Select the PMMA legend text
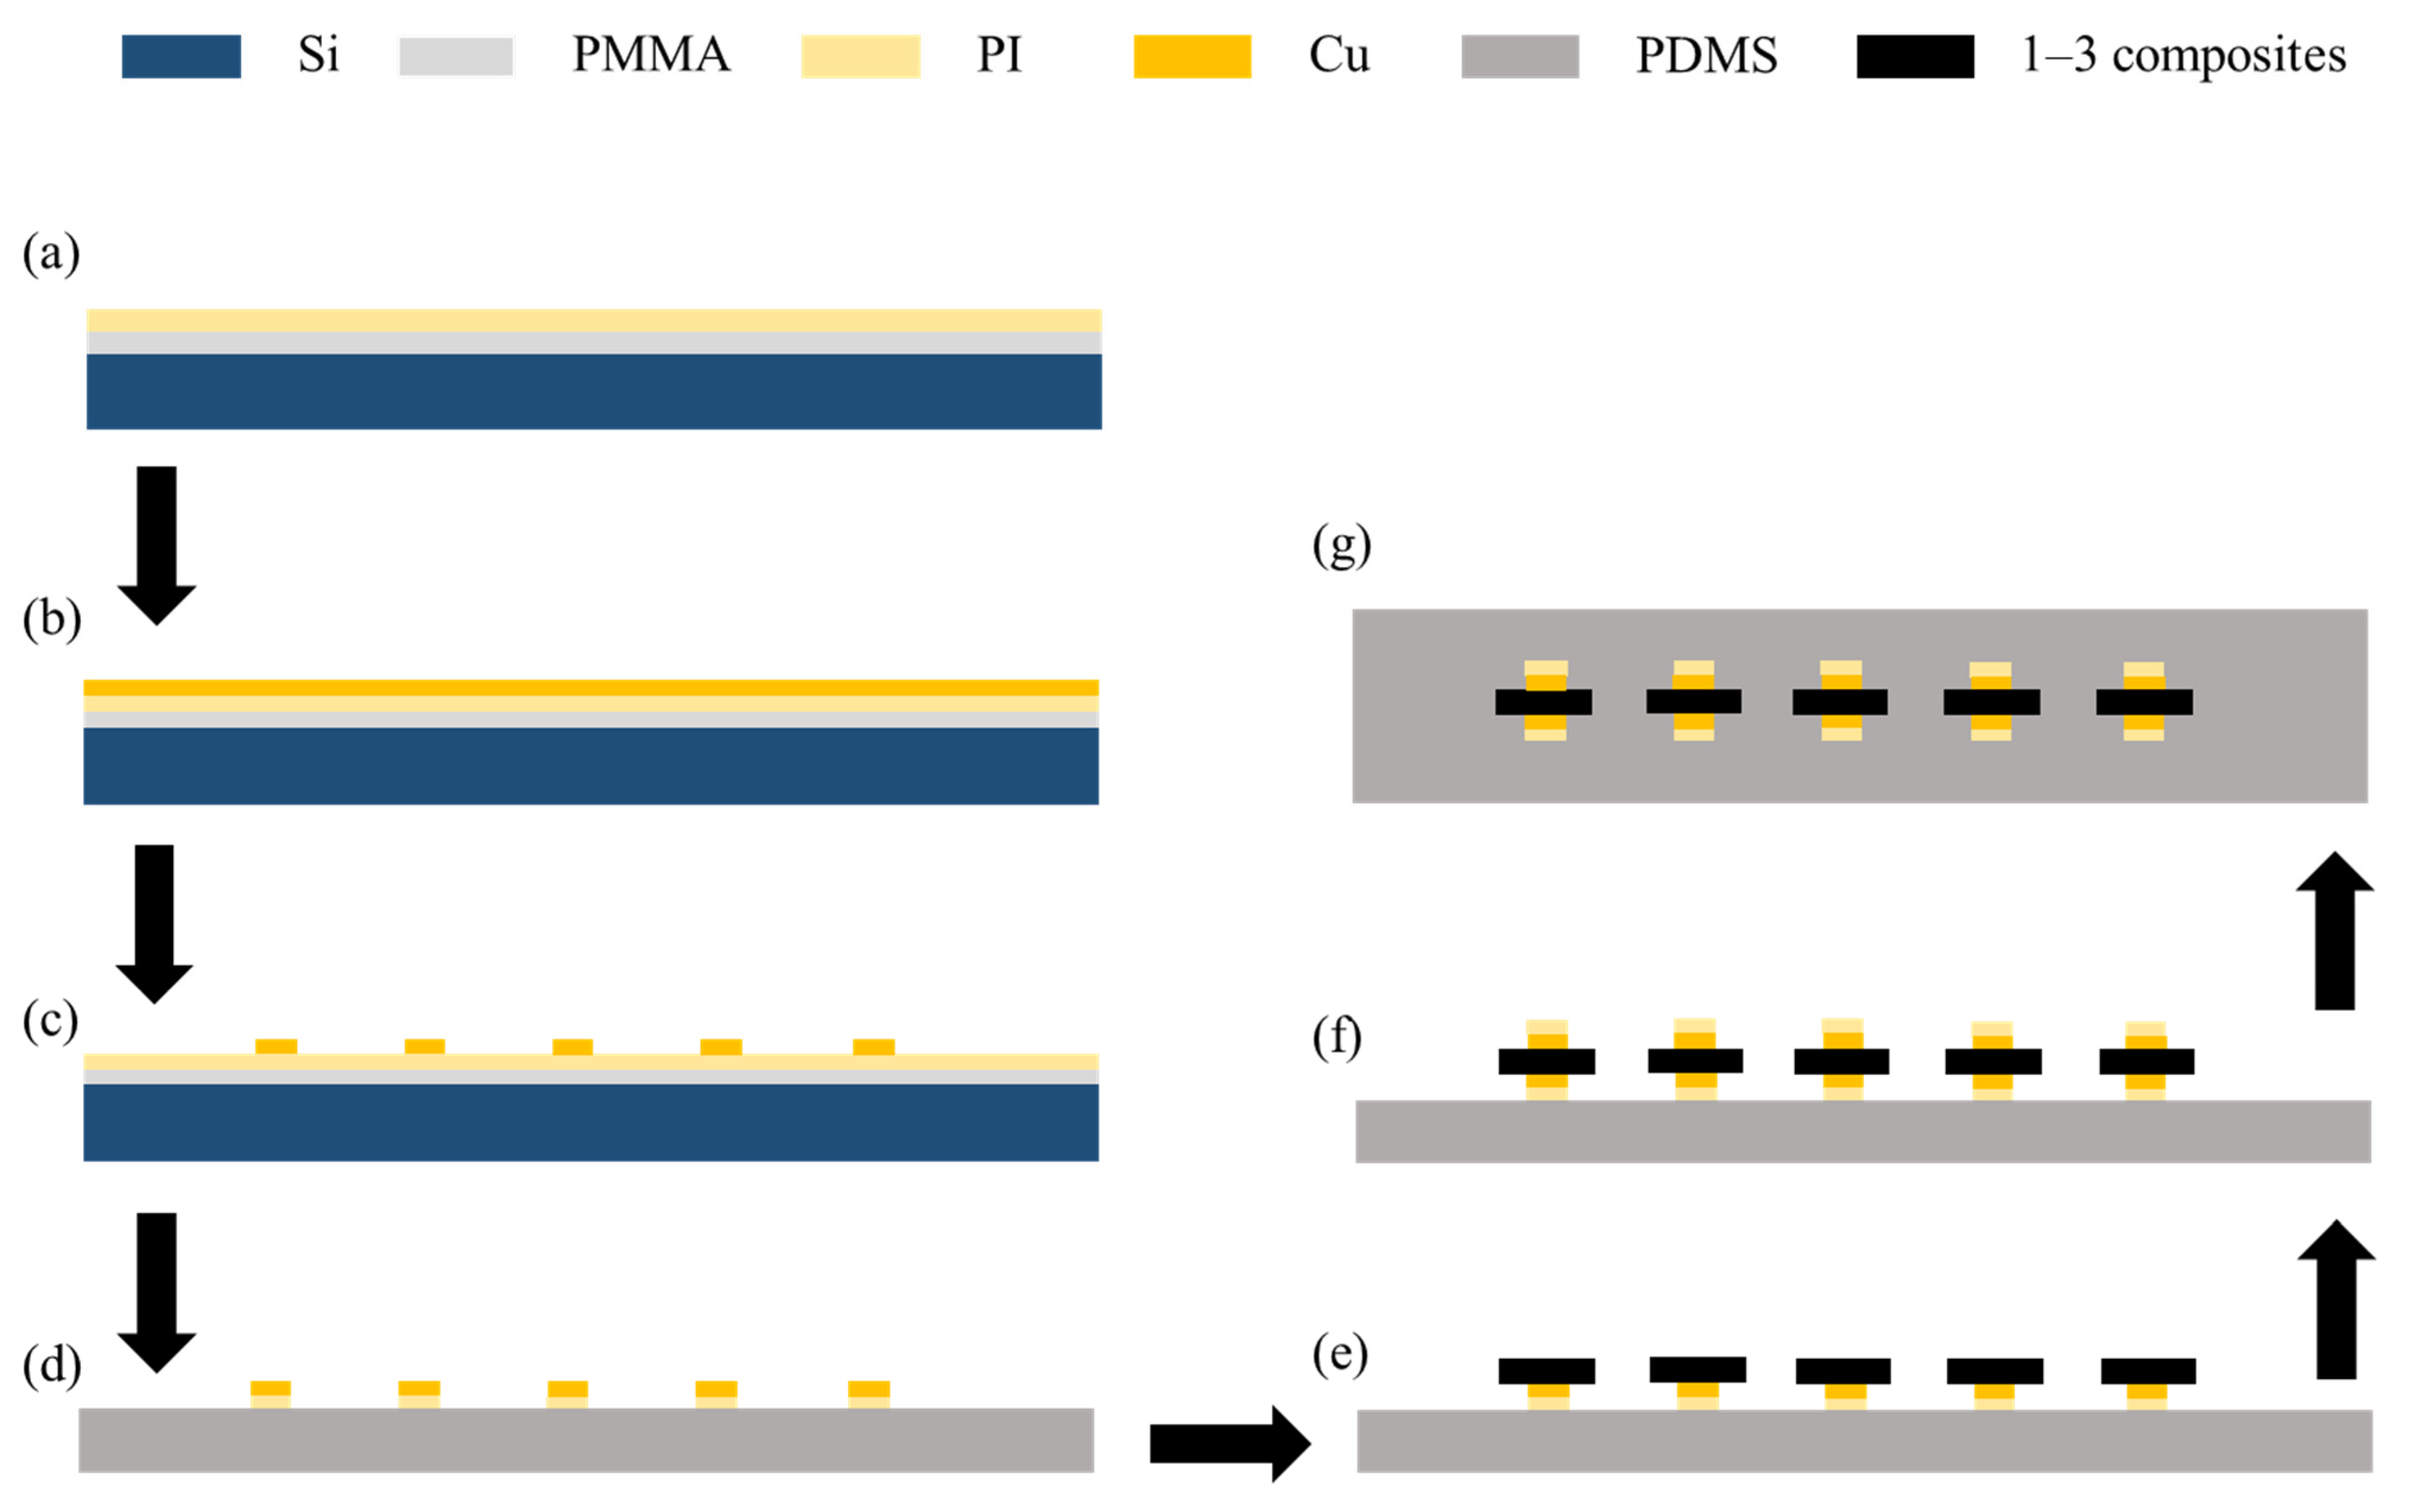click(x=651, y=55)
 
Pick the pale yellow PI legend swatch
click(x=860, y=56)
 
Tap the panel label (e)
click(x=1340, y=1354)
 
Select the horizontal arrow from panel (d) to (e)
click(x=1229, y=1444)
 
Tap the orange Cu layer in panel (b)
click(x=590, y=687)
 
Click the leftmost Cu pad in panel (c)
click(x=276, y=1046)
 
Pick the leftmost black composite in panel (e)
click(x=1546, y=1371)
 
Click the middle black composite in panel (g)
click(x=1840, y=702)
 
